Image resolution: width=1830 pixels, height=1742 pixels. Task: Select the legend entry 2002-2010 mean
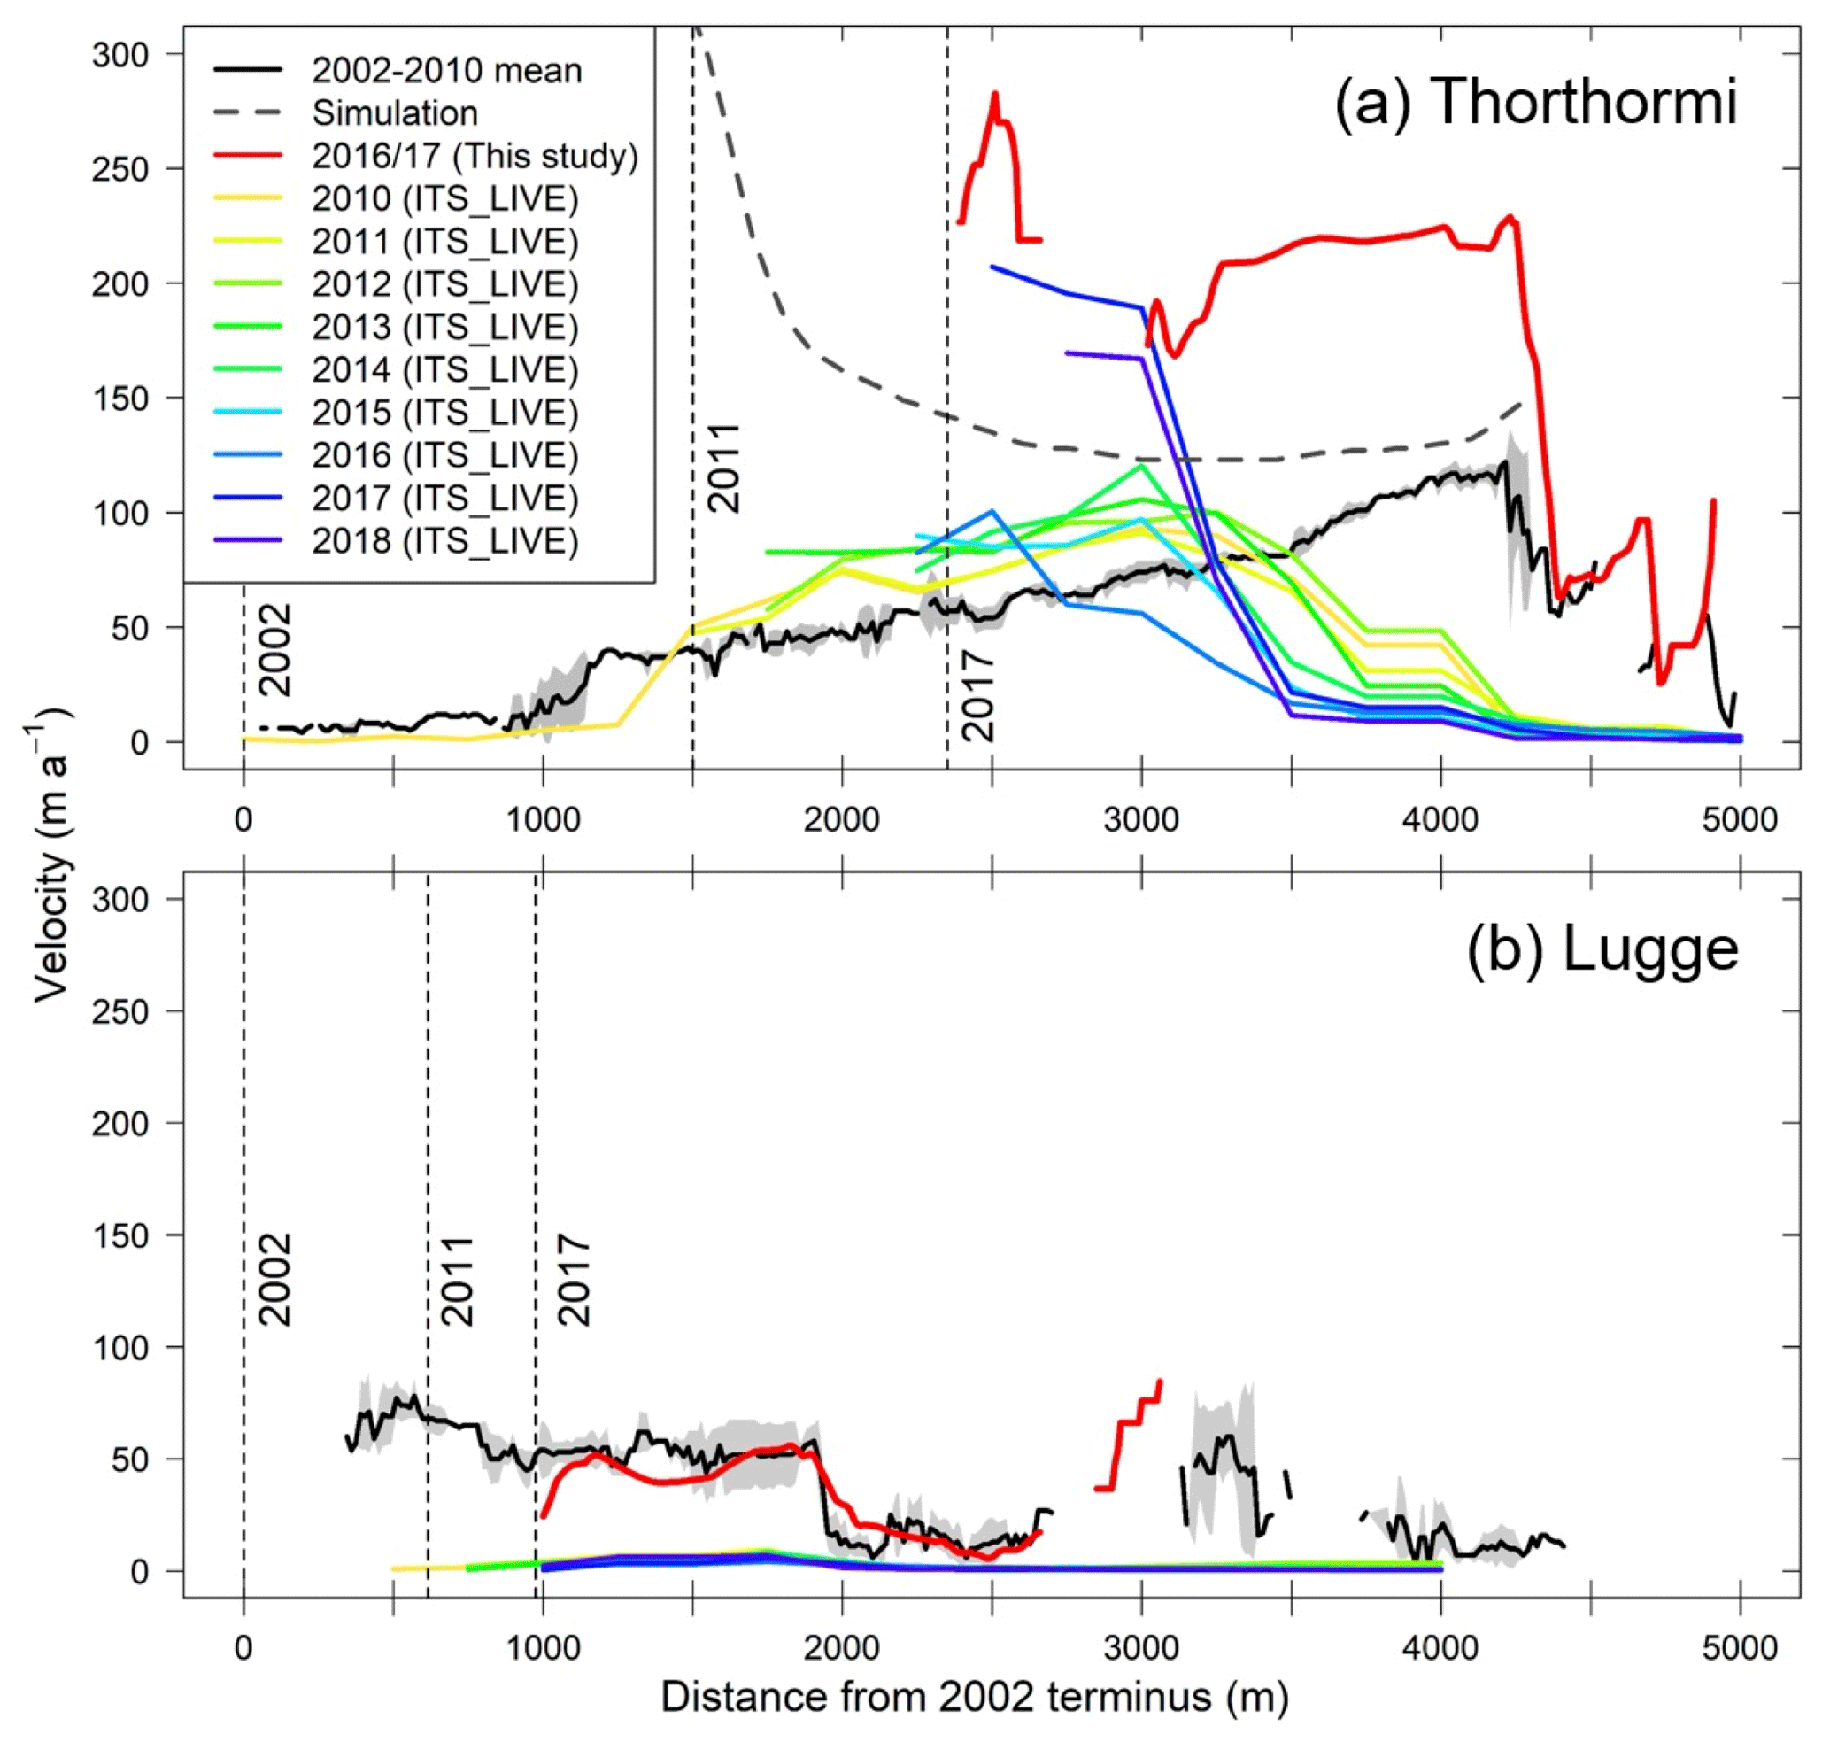445,71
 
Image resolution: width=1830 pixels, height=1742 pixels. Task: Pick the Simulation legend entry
395,113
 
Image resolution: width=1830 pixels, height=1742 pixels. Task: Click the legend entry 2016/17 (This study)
475,156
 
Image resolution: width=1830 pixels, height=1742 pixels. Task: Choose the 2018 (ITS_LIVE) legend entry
444,540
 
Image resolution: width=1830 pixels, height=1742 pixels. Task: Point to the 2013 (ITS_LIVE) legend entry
444,327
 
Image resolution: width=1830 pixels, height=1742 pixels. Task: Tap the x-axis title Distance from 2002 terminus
974,1697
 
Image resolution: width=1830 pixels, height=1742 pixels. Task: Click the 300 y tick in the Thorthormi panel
120,55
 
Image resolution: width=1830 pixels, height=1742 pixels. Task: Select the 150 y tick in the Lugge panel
120,1236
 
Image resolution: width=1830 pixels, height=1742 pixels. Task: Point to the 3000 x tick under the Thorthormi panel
1142,819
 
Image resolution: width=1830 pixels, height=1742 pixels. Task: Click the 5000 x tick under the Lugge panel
1740,1647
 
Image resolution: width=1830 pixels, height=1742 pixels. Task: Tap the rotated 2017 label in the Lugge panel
574,1281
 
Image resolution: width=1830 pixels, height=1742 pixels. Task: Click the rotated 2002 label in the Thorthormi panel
274,650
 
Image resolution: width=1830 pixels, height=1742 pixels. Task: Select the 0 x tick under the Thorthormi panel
243,819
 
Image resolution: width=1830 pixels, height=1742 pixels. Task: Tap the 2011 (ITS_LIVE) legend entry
444,242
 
